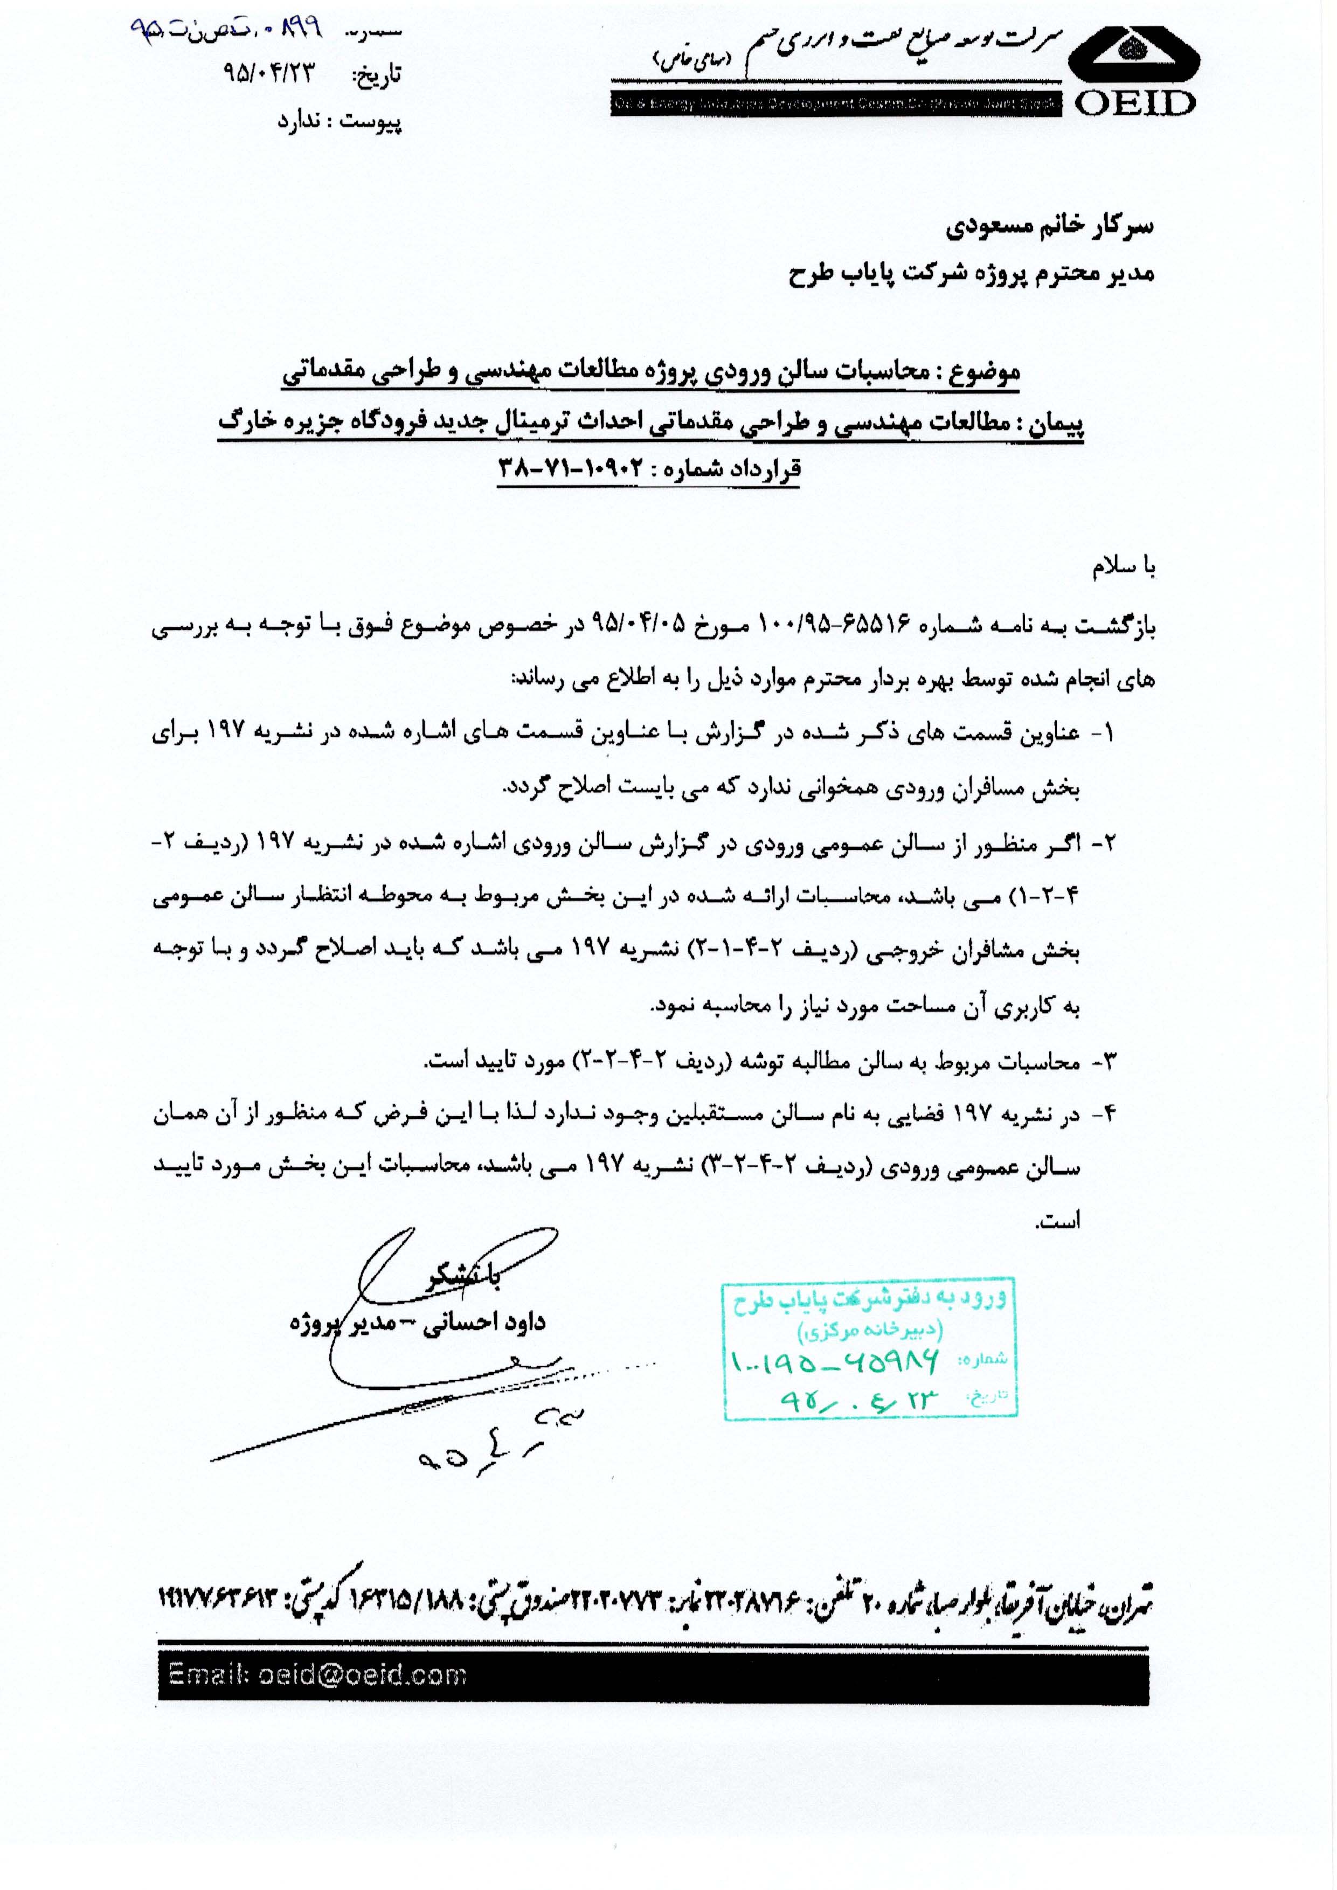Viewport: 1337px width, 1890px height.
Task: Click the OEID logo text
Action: [1134, 103]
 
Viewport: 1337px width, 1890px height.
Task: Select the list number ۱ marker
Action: [1106, 734]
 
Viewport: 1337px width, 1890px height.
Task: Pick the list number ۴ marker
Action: [1106, 1116]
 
